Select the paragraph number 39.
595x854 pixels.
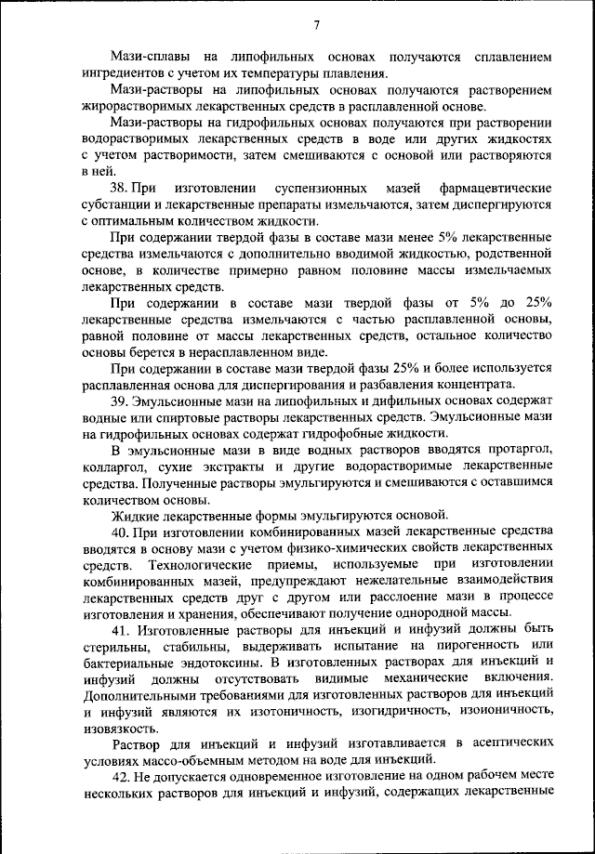120,401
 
